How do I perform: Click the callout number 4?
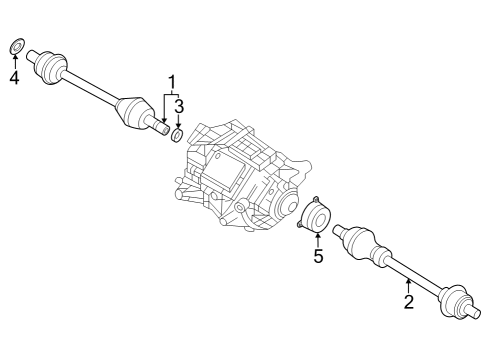tap(14, 78)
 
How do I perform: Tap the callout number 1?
tap(172, 83)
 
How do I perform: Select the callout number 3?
tap(179, 107)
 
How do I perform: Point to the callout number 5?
tap(318, 256)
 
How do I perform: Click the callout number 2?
tap(409, 302)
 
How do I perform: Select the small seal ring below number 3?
tap(177, 135)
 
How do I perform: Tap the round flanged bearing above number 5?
tap(315, 215)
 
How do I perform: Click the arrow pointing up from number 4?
tap(14, 62)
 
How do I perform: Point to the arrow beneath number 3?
tap(179, 121)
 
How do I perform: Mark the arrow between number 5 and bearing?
tap(318, 241)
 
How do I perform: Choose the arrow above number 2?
tap(407, 287)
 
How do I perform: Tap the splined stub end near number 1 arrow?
tap(160, 126)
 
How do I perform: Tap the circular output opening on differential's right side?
tap(287, 205)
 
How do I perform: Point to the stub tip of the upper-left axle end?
tap(31, 55)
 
